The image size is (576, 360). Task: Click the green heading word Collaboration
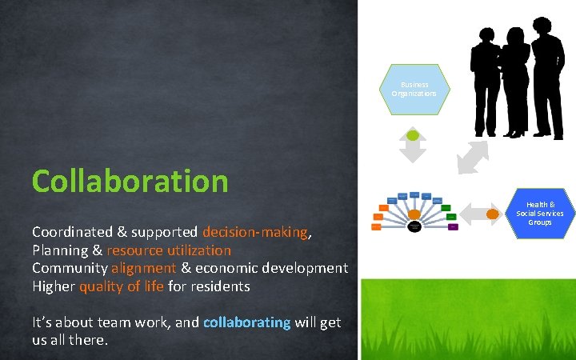click(130, 181)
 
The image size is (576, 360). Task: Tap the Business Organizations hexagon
click(414, 90)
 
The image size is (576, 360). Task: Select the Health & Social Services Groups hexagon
click(539, 214)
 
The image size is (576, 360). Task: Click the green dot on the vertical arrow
click(413, 135)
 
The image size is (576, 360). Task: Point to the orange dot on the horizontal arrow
click(492, 214)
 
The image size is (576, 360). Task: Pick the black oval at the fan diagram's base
click(414, 226)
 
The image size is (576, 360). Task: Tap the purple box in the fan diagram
click(453, 227)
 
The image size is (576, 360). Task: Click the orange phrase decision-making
click(255, 232)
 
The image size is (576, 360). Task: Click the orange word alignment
click(143, 268)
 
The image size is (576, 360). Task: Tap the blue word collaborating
click(246, 322)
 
